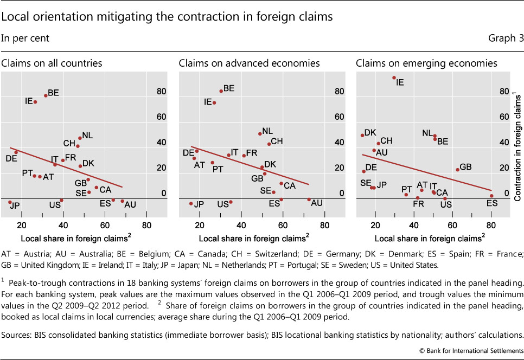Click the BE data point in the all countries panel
(46, 95)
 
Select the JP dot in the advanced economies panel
(191, 203)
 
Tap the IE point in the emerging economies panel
(394, 78)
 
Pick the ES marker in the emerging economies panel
(491, 196)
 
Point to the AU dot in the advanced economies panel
(309, 200)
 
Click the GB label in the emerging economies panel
(465, 167)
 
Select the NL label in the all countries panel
(87, 136)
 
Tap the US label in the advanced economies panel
(222, 204)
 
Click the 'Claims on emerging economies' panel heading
(426, 63)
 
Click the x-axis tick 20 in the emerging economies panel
(375, 226)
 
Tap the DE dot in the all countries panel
(16, 152)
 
